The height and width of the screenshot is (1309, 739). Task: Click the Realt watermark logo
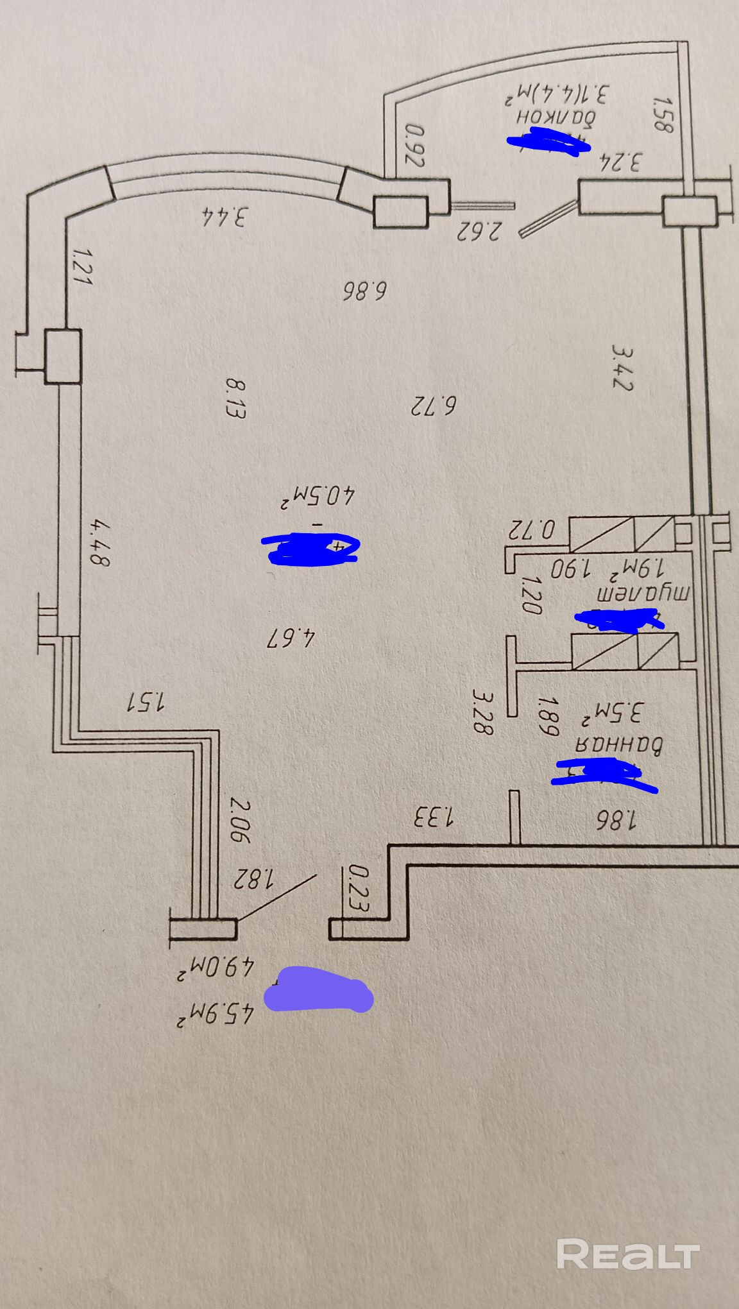tap(627, 1253)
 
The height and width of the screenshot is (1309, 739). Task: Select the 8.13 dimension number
tap(235, 398)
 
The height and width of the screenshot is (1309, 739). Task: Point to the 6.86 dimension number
tap(364, 291)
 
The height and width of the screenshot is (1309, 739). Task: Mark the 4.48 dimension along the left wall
tap(99, 543)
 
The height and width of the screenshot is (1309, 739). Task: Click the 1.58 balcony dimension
tap(661, 114)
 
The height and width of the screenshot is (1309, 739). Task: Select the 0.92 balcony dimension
tap(415, 146)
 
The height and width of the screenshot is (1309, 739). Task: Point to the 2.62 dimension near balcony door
tap(478, 229)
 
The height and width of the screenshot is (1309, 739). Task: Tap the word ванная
tap(618, 744)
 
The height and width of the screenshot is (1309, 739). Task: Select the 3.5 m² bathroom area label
tap(613, 713)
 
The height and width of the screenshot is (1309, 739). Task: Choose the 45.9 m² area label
tap(216, 1015)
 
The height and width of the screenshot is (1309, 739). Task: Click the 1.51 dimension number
tap(146, 701)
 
